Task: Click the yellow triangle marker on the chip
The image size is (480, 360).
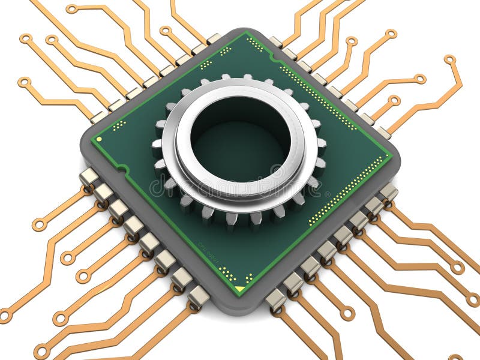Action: pos(239,289)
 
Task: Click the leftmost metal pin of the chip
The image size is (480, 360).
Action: pos(89,176)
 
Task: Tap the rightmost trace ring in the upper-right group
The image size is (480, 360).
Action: pos(449,59)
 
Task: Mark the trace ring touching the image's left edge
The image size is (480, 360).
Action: pos(4,314)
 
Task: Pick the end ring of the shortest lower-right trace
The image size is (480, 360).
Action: pos(347,313)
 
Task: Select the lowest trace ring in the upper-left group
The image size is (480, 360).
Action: pos(23,82)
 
